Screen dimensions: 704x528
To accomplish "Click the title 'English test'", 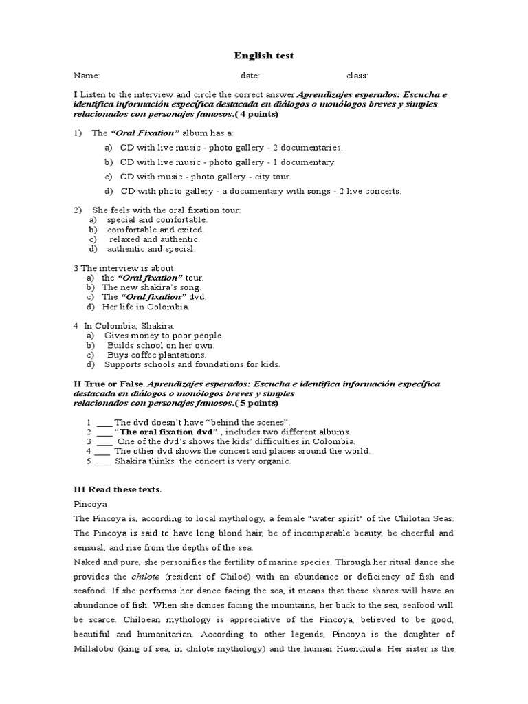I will point(264,55).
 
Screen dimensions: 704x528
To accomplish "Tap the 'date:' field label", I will point(250,76).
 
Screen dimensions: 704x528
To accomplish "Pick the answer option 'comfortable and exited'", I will point(155,230).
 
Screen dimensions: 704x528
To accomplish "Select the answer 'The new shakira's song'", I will point(151,287).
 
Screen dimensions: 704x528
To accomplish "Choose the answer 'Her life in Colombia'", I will point(145,307).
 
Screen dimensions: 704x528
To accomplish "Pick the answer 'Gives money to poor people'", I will point(164,335).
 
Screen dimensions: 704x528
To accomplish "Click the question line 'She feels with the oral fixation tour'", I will point(166,210).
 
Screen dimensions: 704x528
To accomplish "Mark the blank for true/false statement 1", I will point(104,422).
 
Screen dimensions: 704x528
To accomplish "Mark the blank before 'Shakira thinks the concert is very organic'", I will point(102,461).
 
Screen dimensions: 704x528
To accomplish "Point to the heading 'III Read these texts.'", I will point(118,489).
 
